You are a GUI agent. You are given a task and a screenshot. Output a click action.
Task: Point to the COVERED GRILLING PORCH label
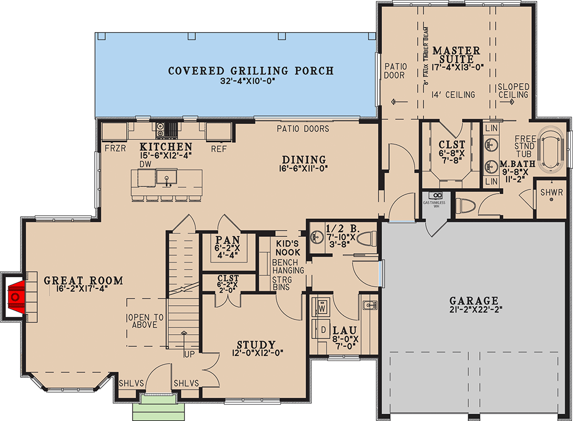250,71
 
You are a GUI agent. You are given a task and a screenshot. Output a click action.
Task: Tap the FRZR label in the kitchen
114,148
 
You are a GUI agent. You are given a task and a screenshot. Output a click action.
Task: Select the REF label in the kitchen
218,148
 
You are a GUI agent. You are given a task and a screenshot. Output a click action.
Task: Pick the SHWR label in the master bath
551,193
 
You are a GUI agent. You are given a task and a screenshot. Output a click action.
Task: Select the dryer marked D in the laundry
323,330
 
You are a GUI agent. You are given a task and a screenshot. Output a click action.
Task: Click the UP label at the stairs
188,354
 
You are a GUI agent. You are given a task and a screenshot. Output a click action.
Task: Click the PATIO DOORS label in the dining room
303,128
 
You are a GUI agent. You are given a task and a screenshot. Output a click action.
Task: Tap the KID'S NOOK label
288,248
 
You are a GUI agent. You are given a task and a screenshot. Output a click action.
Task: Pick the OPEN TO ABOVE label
144,321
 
